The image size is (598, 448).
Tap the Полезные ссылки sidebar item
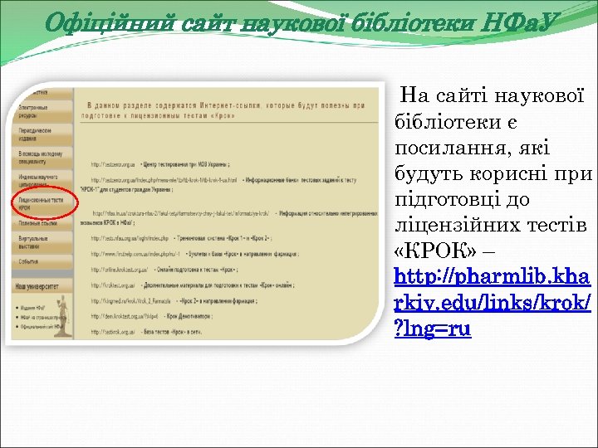(x=37, y=223)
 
